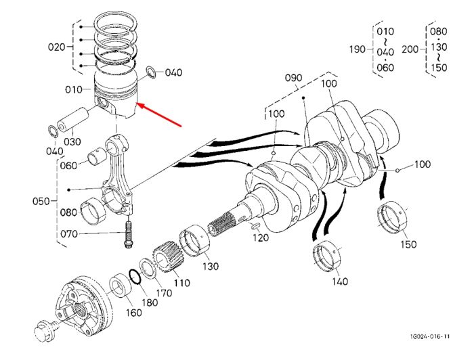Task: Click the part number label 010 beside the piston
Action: pyautogui.click(x=73, y=89)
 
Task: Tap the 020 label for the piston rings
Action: pyautogui.click(x=56, y=47)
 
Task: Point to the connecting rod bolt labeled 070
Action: pyautogui.click(x=128, y=235)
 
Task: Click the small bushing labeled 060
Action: pyautogui.click(x=97, y=156)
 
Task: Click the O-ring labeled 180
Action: pyautogui.click(x=135, y=277)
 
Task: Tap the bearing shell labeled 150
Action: pyautogui.click(x=392, y=217)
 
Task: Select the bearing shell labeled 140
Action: pyautogui.click(x=327, y=256)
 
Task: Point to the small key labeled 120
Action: pyautogui.click(x=255, y=225)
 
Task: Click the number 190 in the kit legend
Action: pyautogui.click(x=358, y=49)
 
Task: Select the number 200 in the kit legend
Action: pyautogui.click(x=410, y=49)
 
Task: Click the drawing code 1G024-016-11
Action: pyautogui.click(x=430, y=336)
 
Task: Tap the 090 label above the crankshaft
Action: pyautogui.click(x=293, y=78)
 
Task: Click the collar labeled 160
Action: pyautogui.click(x=121, y=285)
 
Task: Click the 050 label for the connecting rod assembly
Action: pyautogui.click(x=41, y=201)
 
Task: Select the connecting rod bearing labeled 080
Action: pyautogui.click(x=93, y=211)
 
